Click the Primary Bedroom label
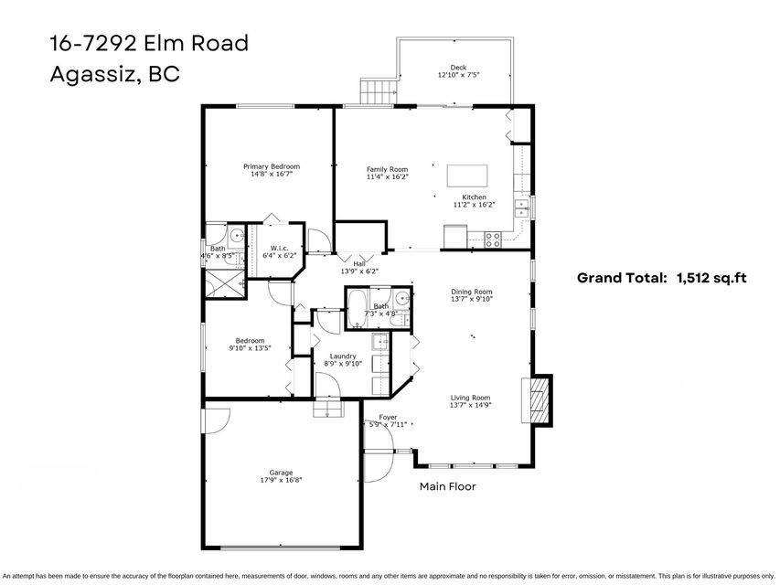tap(271, 166)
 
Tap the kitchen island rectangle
tap(467, 175)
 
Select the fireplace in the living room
tap(537, 400)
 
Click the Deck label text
tap(458, 67)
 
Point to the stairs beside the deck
tap(378, 91)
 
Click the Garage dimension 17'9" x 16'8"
tap(281, 481)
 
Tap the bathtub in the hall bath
tap(358, 308)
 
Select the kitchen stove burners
tap(493, 239)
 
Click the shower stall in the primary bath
tap(225, 283)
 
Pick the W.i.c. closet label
tap(280, 249)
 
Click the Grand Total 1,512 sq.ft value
tap(711, 278)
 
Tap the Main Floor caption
tap(448, 486)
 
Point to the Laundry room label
tap(343, 356)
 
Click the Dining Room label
tap(472, 292)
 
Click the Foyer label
tap(388, 418)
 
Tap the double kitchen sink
tap(522, 208)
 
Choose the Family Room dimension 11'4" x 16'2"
tap(388, 176)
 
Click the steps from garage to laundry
tap(328, 409)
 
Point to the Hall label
tap(359, 263)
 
